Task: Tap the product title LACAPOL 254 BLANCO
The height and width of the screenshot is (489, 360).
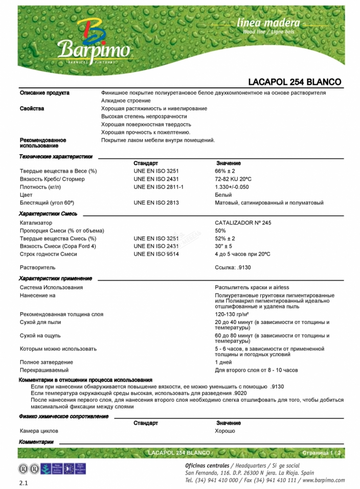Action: (x=294, y=82)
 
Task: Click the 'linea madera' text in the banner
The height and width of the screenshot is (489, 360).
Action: (x=268, y=23)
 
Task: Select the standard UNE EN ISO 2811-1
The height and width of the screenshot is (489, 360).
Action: (x=159, y=187)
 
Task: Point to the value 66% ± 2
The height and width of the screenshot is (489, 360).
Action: (x=225, y=171)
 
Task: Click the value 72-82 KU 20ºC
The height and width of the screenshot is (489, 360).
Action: (x=233, y=179)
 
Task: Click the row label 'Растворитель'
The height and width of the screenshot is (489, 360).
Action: (x=37, y=267)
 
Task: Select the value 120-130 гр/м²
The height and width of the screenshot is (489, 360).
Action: (x=233, y=314)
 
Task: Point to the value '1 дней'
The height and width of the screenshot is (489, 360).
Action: (x=223, y=362)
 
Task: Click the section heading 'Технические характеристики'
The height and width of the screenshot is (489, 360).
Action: (x=56, y=157)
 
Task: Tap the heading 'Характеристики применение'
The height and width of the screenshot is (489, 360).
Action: (x=55, y=278)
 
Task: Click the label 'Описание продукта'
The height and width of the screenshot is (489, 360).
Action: (x=44, y=92)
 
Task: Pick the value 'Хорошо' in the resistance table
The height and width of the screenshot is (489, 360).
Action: (x=225, y=431)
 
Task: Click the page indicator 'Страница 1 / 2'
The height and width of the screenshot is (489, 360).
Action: (x=321, y=453)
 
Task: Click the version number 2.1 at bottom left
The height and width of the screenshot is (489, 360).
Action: (x=24, y=482)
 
